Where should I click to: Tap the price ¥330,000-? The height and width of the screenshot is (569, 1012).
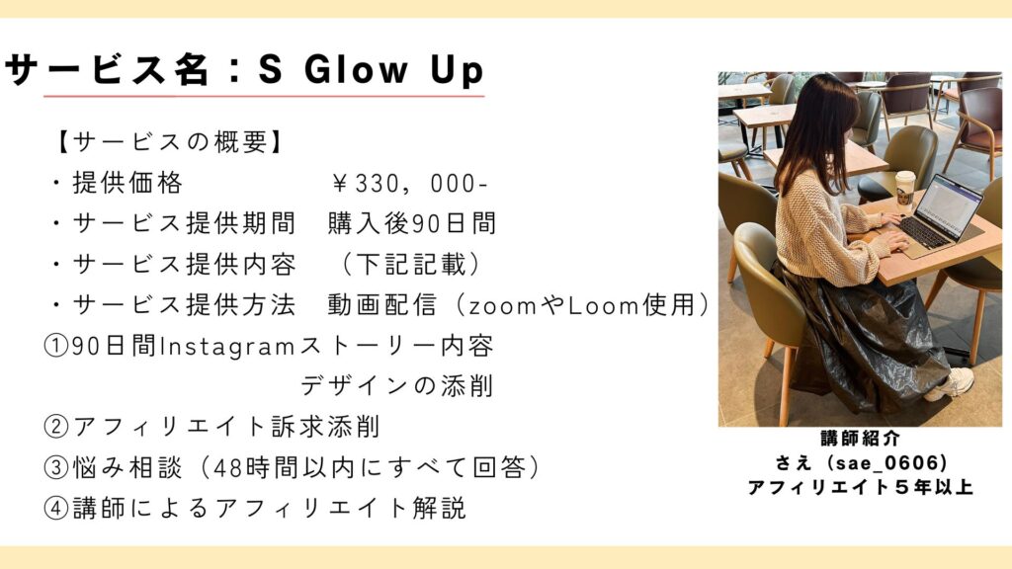409,184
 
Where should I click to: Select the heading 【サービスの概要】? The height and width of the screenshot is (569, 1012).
170,142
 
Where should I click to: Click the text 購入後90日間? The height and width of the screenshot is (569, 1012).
412,224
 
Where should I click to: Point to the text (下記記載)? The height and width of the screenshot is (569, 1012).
410,265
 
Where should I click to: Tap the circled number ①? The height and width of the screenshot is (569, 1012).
56,346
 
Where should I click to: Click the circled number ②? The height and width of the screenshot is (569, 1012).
56,427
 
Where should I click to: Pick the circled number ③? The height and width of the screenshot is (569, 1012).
56,467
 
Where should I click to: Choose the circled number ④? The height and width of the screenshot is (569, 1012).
56,508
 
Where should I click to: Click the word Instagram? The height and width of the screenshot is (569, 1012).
227,347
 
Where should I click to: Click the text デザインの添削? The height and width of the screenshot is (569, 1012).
397,386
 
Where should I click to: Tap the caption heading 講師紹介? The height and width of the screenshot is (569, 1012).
861,439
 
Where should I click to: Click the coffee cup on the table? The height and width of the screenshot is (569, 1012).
905,188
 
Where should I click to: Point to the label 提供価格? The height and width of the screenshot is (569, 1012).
127,183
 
